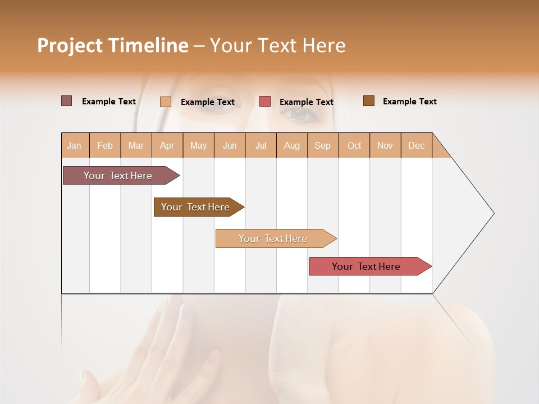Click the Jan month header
point(75,145)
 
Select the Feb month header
point(105,145)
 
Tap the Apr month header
point(167,145)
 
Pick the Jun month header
point(230,145)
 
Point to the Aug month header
point(292,145)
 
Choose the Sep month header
point(323,145)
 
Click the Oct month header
point(354,145)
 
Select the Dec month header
point(417,145)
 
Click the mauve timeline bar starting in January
point(118,176)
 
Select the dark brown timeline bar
point(195,207)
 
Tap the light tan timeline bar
point(273,238)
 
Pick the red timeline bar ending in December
point(366,267)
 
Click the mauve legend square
point(66,101)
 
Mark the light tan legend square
point(166,102)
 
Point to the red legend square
point(265,102)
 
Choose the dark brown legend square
point(369,101)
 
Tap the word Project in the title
point(70,45)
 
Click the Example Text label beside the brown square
point(409,102)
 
